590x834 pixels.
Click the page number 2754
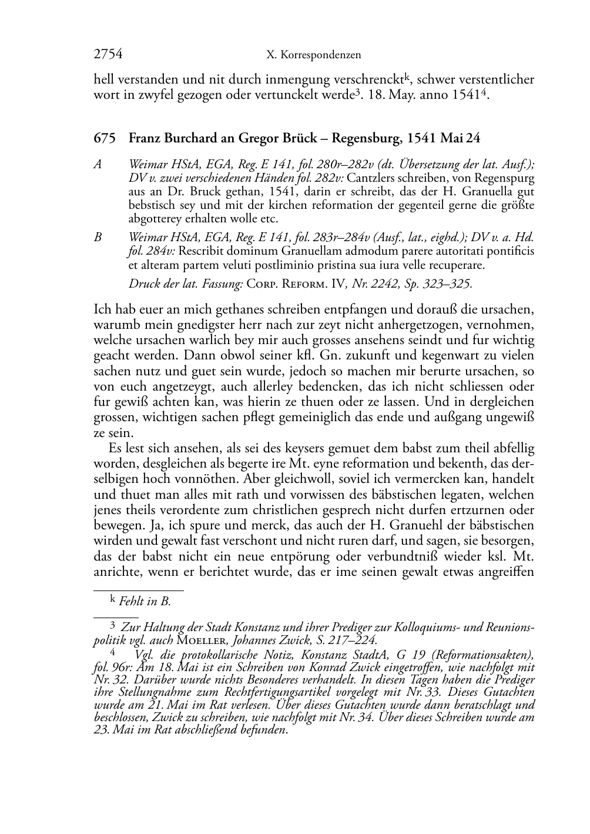(x=108, y=55)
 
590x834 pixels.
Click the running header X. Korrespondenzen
(x=313, y=55)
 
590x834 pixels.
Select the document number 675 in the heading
(x=103, y=139)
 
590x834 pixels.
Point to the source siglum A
(x=98, y=165)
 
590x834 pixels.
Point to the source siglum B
(x=98, y=238)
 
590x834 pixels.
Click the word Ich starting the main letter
(x=102, y=309)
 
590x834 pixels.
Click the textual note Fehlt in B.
(x=145, y=602)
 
